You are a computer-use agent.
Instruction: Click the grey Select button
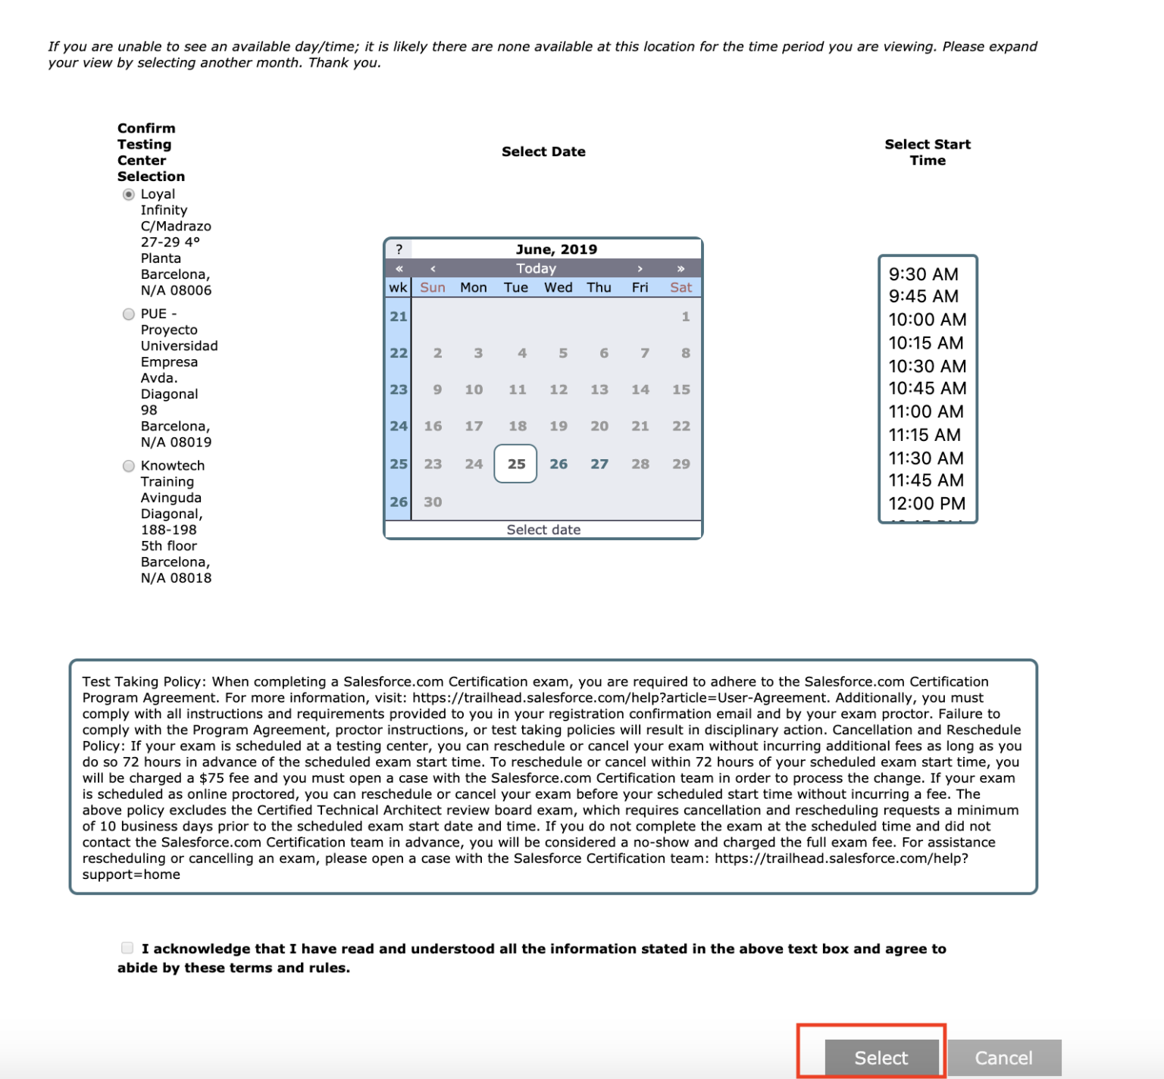coord(881,1057)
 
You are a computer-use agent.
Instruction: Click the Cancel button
coord(1003,1057)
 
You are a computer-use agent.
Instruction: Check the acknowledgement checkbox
coord(127,948)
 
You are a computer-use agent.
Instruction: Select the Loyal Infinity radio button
coord(129,195)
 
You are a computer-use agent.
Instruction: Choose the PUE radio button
coord(129,314)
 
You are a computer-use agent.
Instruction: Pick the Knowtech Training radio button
coord(129,466)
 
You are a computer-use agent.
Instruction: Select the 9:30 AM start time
coord(923,274)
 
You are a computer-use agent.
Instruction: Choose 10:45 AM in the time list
coord(927,388)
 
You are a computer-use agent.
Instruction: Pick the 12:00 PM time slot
coord(927,503)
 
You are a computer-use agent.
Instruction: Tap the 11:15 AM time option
coord(925,435)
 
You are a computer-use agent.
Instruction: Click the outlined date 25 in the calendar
coord(516,464)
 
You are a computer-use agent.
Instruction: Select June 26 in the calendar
coord(559,464)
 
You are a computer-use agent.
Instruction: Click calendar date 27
coord(599,464)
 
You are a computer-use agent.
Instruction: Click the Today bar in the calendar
coord(536,268)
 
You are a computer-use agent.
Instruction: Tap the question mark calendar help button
coord(399,249)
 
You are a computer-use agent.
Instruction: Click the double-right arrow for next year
coord(681,268)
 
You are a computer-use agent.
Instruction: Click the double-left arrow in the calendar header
coord(399,268)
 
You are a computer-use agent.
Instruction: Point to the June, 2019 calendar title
coord(556,249)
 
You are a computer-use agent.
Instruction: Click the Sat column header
coord(681,287)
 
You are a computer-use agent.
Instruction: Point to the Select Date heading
coord(543,152)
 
